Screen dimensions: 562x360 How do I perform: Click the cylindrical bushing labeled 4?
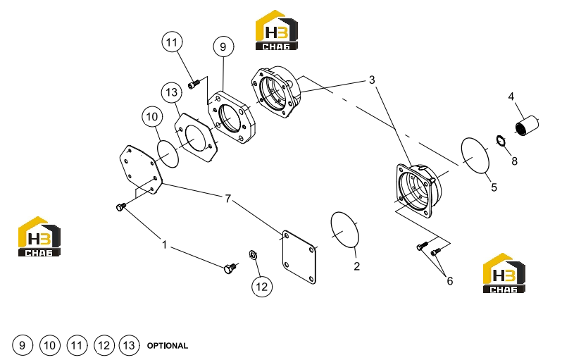[527, 125]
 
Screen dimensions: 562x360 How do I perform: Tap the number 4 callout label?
[511, 97]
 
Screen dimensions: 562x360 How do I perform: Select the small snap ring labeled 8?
[501, 141]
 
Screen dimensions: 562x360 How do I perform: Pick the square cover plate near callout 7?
[299, 257]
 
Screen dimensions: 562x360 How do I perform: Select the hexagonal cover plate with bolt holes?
[140, 169]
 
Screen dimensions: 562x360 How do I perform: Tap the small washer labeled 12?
[253, 255]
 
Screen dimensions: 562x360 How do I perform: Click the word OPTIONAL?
[168, 346]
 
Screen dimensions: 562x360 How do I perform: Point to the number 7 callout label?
[228, 198]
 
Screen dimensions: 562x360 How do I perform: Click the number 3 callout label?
[372, 80]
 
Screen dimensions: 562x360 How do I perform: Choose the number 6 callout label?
[449, 281]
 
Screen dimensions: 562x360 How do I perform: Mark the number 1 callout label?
[165, 244]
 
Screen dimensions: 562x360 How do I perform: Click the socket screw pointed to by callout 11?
[193, 85]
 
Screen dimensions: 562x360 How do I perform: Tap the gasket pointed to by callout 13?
[196, 137]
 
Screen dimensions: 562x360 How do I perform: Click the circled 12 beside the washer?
[262, 287]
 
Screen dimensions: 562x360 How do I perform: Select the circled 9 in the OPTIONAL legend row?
[23, 345]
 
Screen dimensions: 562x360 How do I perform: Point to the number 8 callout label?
[514, 161]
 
